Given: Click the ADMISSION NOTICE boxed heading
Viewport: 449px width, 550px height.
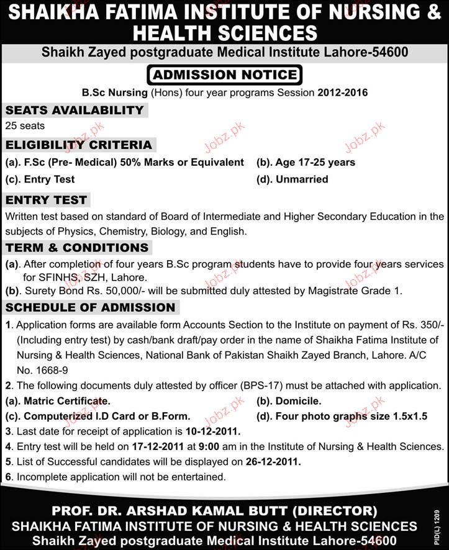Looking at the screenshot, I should (x=224, y=75).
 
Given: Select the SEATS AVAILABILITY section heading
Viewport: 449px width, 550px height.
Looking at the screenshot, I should (x=75, y=110).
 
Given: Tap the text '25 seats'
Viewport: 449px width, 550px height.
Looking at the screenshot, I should (x=25, y=126).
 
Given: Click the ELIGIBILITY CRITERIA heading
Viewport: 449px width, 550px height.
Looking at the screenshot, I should (x=78, y=145).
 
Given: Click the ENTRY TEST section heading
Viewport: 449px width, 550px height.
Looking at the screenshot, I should (x=46, y=200).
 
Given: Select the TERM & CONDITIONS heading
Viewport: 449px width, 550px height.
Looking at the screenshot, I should (x=77, y=248).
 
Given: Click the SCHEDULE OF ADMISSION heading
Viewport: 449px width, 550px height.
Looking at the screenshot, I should (x=90, y=307).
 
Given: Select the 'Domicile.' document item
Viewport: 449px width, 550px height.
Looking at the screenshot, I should (x=289, y=400).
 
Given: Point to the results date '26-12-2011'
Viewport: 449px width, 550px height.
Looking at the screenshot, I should (x=273, y=462).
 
